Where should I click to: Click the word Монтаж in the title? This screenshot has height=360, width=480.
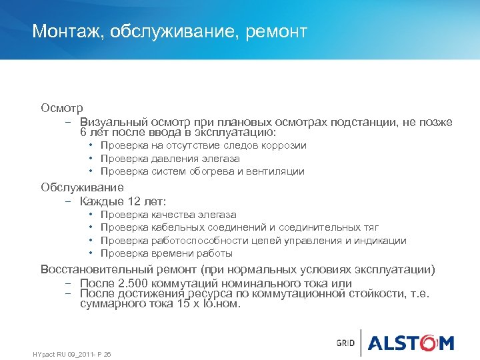coord(65,31)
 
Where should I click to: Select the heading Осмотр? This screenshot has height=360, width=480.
coord(61,107)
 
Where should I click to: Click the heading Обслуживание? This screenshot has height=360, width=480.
coord(82,187)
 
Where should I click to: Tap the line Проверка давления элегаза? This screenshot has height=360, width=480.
coord(170,159)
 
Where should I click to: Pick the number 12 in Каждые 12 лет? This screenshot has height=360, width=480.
coord(129,201)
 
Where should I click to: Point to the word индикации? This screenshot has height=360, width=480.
coord(383,241)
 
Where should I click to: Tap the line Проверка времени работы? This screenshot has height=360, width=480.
coord(166,253)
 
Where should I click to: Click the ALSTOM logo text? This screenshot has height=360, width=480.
coord(411,343)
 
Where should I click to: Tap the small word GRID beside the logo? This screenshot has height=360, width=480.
coord(345,343)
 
